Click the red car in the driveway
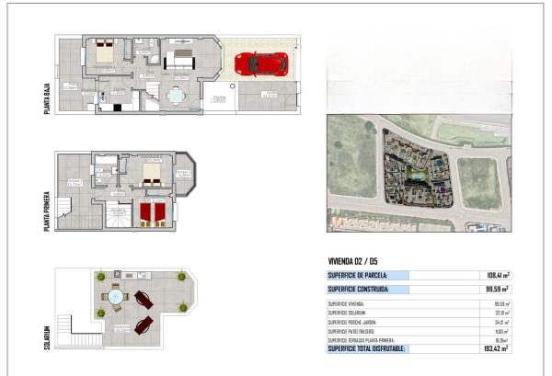point(261,64)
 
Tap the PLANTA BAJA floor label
point(46,96)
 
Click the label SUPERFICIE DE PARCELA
point(358,275)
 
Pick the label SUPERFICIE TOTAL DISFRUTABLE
point(366,348)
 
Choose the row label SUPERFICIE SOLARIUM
point(347,313)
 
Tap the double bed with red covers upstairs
point(153,213)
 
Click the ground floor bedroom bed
point(103,52)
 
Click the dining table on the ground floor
point(175,94)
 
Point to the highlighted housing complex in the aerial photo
point(414,175)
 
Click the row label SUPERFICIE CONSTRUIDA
point(362,289)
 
